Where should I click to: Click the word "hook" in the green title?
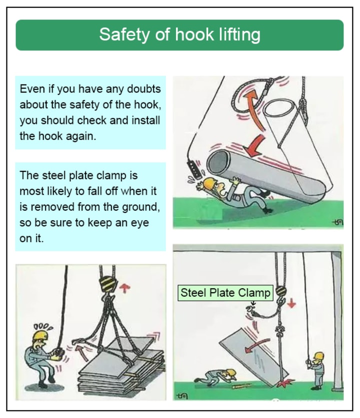[x=194, y=34]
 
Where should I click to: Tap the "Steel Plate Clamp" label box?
[x=225, y=293]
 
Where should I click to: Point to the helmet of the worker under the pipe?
[x=209, y=184]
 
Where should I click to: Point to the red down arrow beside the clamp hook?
[x=291, y=303]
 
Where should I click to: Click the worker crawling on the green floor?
[x=216, y=377]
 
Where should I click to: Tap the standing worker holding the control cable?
[x=317, y=371]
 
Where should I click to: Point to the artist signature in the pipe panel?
[x=337, y=222]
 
